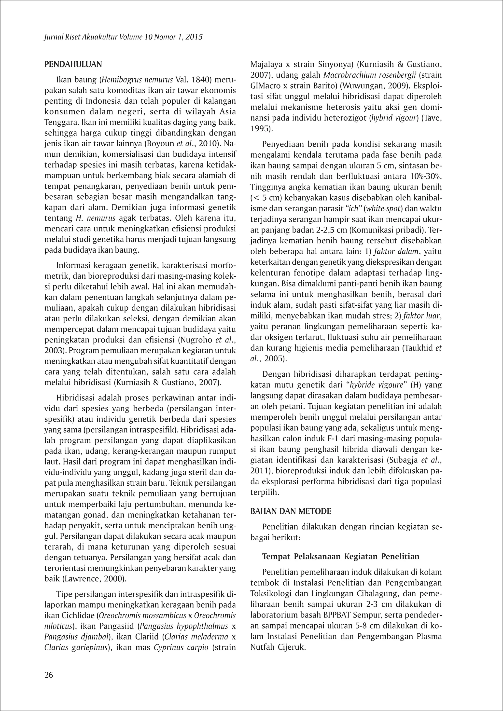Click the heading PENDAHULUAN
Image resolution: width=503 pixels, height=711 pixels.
[73, 64]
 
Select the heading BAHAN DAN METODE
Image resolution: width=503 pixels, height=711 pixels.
[291, 511]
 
